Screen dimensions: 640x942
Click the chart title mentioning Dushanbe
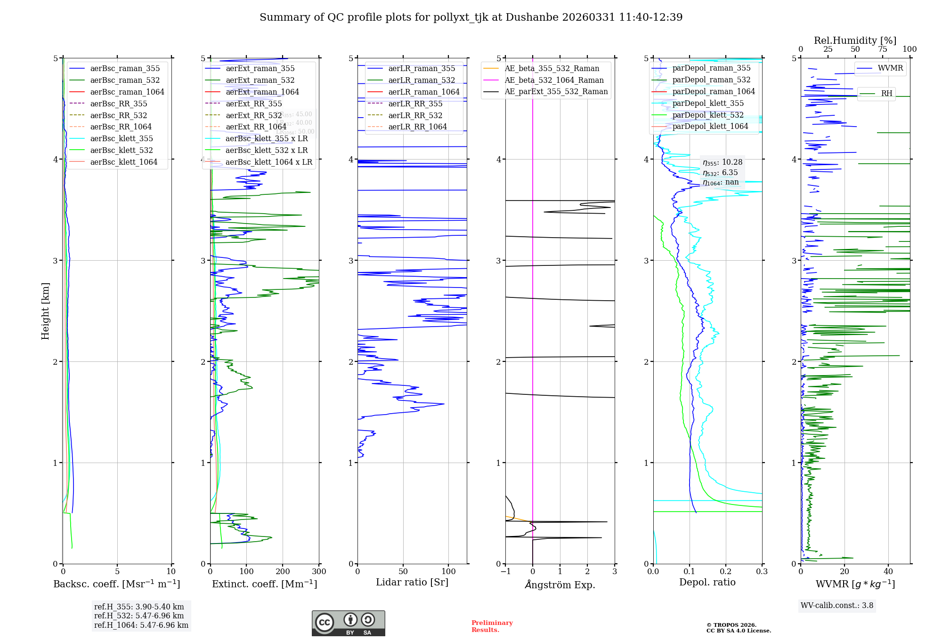[471, 17]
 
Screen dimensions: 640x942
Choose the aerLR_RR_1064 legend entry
[417, 127]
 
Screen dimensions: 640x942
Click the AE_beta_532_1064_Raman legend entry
[554, 80]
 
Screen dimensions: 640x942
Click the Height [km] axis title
[45, 311]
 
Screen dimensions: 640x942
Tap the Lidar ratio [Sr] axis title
[412, 582]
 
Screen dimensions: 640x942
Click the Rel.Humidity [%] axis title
[855, 40]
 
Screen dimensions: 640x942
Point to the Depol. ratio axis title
[707, 582]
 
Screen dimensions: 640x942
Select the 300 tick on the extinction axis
[319, 572]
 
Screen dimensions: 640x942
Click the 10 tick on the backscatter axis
[171, 572]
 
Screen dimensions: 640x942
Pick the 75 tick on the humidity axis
[883, 49]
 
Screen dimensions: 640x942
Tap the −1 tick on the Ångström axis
[505, 572]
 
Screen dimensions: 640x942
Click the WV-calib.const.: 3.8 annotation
[837, 606]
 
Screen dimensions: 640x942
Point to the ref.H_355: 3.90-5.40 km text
[139, 607]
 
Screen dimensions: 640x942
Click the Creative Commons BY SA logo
[348, 624]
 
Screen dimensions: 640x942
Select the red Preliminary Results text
[492, 626]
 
